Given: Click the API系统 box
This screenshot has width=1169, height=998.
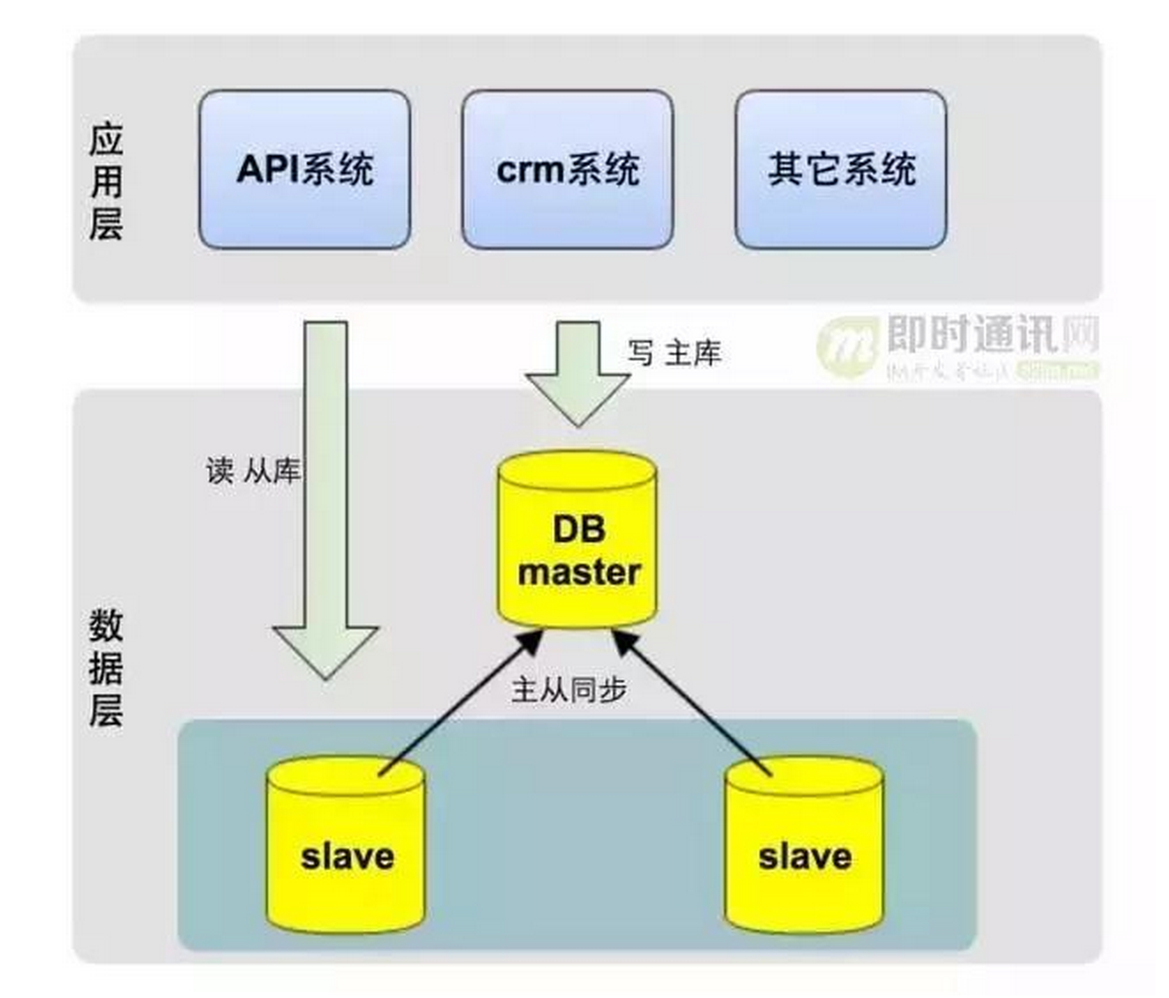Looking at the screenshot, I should point(304,169).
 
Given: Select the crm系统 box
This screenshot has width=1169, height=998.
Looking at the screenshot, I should point(567,169).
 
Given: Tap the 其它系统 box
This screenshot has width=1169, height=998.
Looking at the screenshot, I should point(840,169).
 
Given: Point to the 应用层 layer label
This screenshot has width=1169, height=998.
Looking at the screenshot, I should point(105,181).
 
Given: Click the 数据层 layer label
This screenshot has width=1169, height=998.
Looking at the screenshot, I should point(105,668).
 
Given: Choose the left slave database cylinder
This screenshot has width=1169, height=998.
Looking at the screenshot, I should point(346,845).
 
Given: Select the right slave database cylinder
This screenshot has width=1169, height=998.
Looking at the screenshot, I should point(804,845).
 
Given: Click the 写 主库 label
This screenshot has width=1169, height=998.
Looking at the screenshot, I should point(675,353).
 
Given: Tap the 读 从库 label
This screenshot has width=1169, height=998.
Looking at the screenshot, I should point(253,471).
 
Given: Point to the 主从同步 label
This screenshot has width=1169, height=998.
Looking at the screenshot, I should point(569,689).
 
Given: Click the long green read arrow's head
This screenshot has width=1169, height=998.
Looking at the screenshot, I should point(325,650).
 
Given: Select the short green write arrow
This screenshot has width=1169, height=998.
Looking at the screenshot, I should point(578,372).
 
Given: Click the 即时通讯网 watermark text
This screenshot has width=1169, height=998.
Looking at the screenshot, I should point(991,335).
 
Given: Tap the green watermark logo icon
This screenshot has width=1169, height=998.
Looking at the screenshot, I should point(846,346).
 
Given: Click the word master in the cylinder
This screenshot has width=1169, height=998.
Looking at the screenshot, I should point(578,572).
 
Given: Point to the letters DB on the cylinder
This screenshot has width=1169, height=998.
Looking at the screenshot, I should point(579,529).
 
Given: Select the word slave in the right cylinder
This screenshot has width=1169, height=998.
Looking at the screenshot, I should point(805,856).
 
